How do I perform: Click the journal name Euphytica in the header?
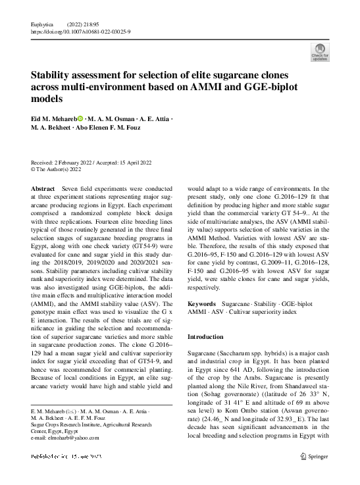pos(43,23)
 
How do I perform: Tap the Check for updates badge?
pos(319,52)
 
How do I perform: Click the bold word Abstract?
pos(43,188)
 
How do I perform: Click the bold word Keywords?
pos(203,304)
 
